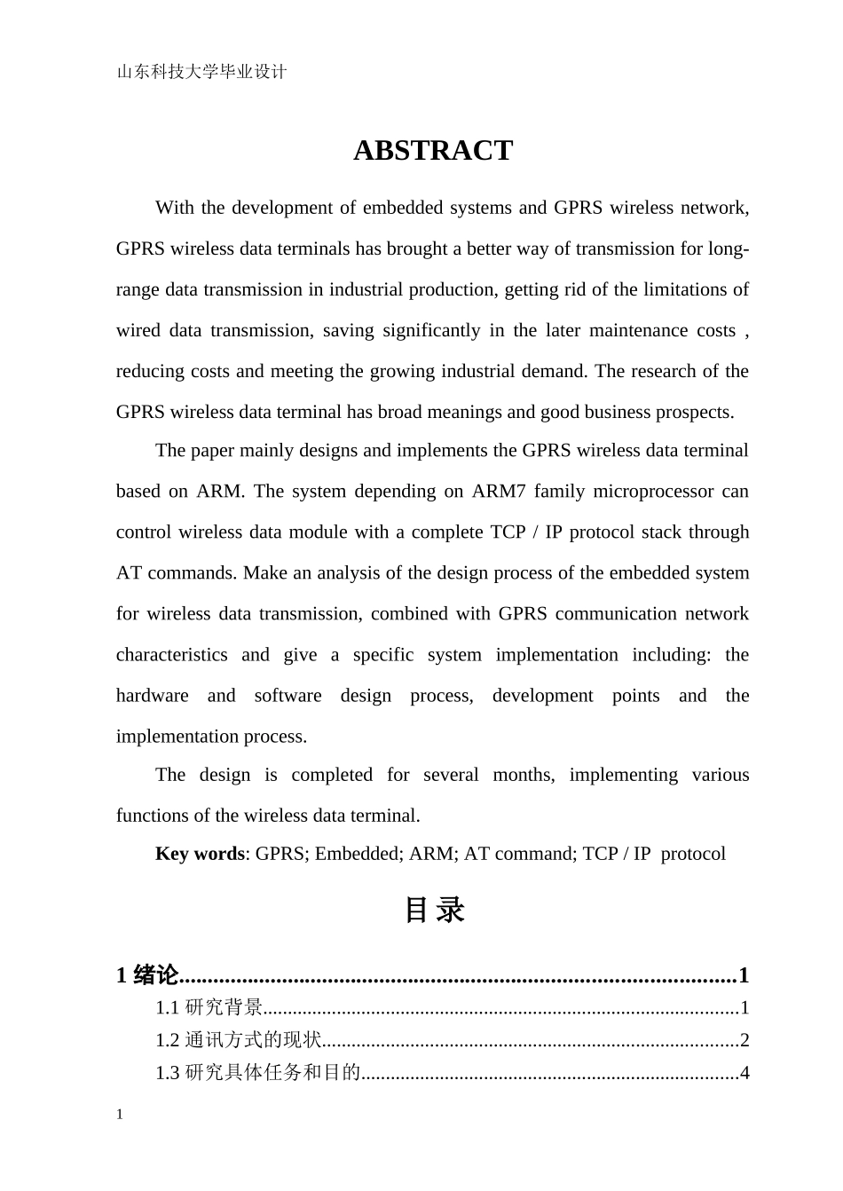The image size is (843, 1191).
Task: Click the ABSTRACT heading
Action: point(433,151)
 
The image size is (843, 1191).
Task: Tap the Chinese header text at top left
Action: point(202,73)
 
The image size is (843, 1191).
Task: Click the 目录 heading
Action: point(434,911)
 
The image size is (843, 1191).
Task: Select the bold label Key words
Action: point(200,854)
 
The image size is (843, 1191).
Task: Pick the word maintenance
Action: point(638,330)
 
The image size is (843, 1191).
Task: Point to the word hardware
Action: point(152,696)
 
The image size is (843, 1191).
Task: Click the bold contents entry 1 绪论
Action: point(147,976)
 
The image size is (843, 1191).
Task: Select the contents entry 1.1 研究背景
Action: point(209,1008)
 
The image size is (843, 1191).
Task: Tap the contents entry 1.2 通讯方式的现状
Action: point(238,1041)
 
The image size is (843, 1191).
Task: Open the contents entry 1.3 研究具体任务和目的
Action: point(257,1074)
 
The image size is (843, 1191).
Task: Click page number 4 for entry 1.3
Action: point(745,1074)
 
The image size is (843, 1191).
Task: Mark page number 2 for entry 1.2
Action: point(745,1041)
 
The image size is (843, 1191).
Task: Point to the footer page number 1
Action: point(120,1116)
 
